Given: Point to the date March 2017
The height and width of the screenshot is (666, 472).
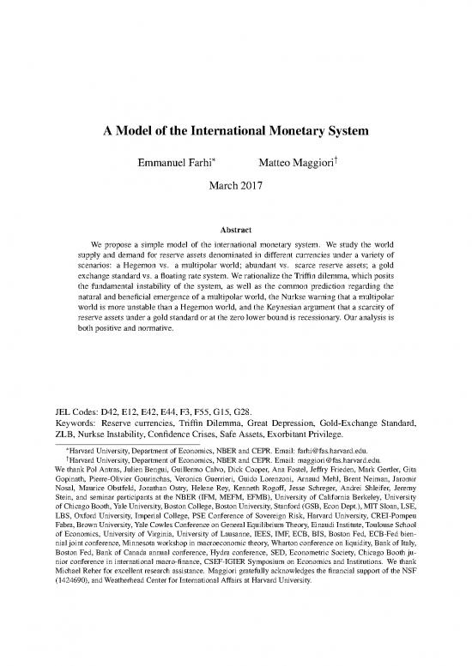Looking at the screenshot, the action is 236,183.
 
